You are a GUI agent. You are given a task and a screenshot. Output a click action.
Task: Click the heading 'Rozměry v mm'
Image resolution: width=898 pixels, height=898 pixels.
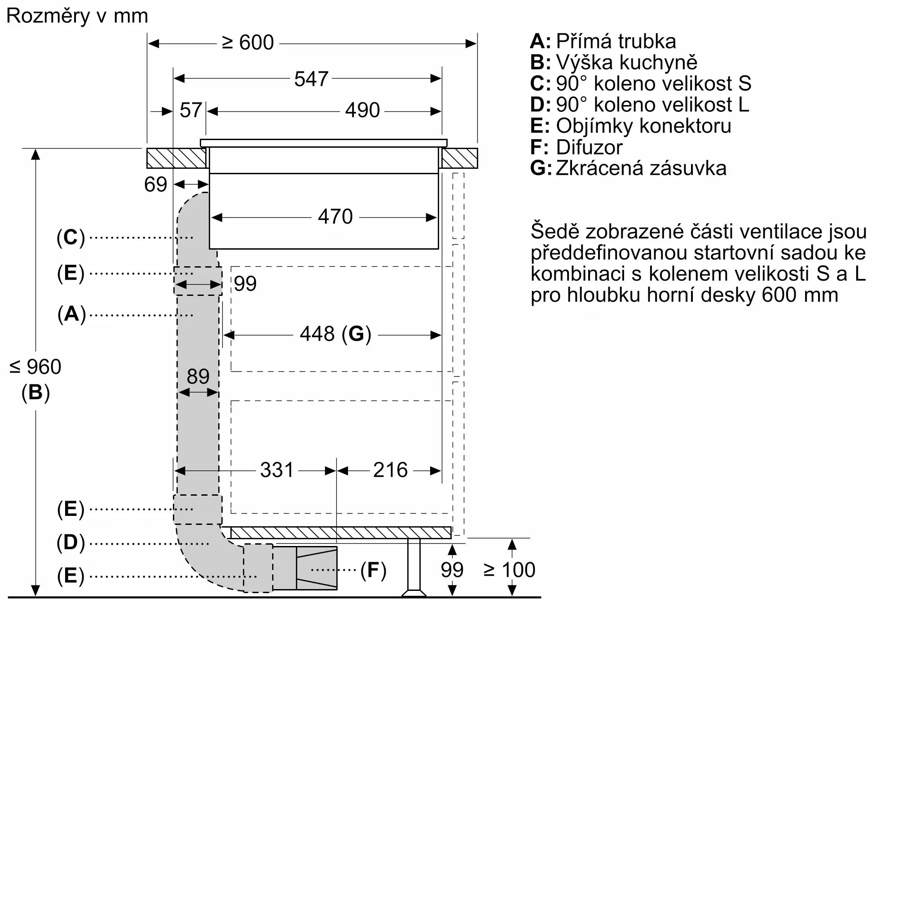pos(77,16)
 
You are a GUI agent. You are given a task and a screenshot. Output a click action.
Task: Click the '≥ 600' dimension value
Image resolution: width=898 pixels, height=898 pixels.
pos(248,43)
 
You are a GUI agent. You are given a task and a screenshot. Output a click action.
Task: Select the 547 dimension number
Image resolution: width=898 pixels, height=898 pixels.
pos(312,79)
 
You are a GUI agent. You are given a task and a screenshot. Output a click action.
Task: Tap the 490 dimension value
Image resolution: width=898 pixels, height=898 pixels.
pos(362,110)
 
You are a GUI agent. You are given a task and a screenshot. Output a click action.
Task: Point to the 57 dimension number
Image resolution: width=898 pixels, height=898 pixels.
pos(190,110)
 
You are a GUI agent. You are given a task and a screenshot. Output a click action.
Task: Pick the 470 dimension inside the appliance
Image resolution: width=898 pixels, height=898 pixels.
pos(335,216)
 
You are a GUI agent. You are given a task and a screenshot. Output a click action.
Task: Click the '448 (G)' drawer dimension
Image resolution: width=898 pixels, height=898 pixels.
pos(335,334)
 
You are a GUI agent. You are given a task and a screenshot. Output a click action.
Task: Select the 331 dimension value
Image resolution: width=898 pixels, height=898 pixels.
pos(277,470)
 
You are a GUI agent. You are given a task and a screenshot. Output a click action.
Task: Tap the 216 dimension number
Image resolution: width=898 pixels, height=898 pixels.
pos(391,470)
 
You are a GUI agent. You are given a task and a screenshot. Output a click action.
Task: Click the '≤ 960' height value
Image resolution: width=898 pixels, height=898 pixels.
pos(35,367)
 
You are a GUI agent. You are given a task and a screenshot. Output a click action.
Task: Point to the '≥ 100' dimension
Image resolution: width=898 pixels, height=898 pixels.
pos(510,570)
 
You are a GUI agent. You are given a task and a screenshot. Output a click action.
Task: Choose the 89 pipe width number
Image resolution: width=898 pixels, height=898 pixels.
pos(198,376)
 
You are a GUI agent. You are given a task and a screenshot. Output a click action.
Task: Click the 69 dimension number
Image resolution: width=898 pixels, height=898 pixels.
pos(155,185)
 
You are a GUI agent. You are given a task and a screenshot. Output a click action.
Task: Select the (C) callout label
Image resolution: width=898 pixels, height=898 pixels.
pos(70,237)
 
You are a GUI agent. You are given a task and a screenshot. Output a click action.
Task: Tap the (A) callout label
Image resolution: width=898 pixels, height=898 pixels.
pos(71,314)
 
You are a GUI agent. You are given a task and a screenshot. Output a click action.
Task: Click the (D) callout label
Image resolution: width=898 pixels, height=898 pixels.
pos(70,542)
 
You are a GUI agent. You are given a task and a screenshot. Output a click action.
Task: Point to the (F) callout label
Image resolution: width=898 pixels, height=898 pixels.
pos(373,570)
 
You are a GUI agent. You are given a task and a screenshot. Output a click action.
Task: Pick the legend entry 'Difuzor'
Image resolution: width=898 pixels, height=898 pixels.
pos(589,147)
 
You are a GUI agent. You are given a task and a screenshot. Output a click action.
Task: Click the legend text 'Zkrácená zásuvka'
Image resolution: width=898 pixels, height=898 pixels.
pos(641,168)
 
